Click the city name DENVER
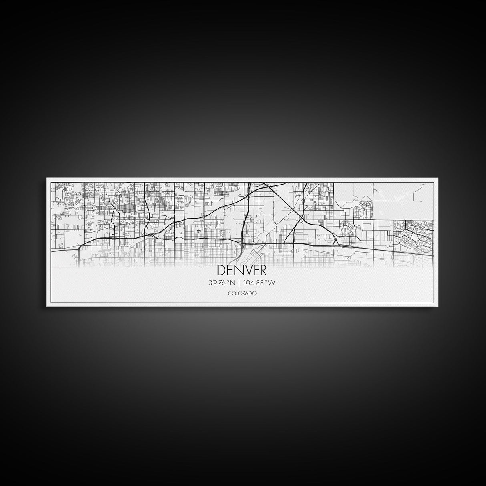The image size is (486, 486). tap(242, 271)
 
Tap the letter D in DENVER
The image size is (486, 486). tap(221, 271)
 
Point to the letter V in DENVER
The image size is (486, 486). tap(247, 271)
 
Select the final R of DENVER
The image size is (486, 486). tap(263, 271)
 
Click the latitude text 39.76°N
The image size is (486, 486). tap(222, 283)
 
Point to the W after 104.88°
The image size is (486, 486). tap(272, 283)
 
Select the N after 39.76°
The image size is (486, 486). tap(232, 283)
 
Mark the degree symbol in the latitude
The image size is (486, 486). tap(228, 281)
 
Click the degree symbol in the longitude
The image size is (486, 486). tap(267, 281)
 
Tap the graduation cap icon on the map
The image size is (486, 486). tap(198, 231)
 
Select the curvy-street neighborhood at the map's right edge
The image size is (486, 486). tap(414, 237)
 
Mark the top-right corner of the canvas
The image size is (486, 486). tap(439, 179)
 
